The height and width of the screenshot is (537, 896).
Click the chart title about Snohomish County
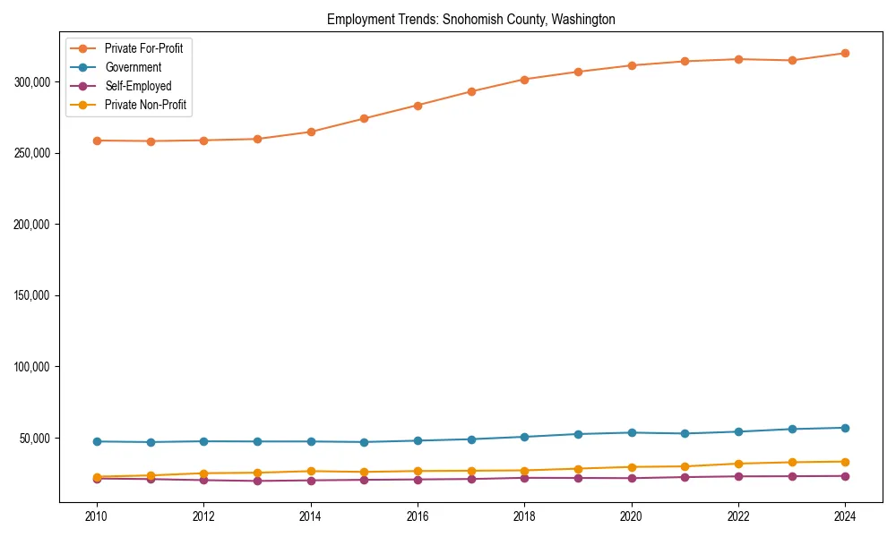pyautogui.click(x=470, y=19)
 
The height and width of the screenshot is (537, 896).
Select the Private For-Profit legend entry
pyautogui.click(x=143, y=48)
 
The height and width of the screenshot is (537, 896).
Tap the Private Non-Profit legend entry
pyautogui.click(x=146, y=105)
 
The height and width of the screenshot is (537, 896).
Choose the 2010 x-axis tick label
pyautogui.click(x=97, y=516)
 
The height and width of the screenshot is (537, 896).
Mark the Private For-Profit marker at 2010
pyautogui.click(x=97, y=141)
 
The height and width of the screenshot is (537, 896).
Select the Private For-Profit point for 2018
pyautogui.click(x=524, y=80)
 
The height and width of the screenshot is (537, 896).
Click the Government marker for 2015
pyautogui.click(x=364, y=442)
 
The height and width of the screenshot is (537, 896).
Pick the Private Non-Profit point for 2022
pyautogui.click(x=738, y=464)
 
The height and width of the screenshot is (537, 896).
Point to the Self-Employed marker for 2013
pyautogui.click(x=257, y=481)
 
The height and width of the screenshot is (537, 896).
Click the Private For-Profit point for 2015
pyautogui.click(x=364, y=118)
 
